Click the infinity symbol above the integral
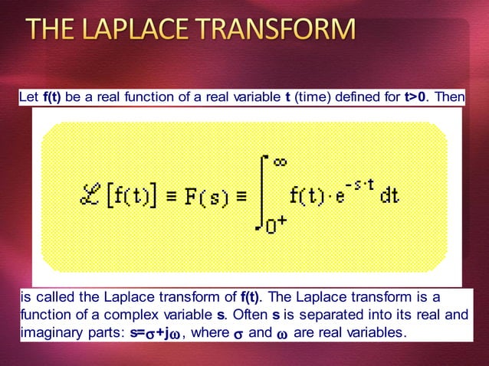pos(280,162)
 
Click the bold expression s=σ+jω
pos(157,332)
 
